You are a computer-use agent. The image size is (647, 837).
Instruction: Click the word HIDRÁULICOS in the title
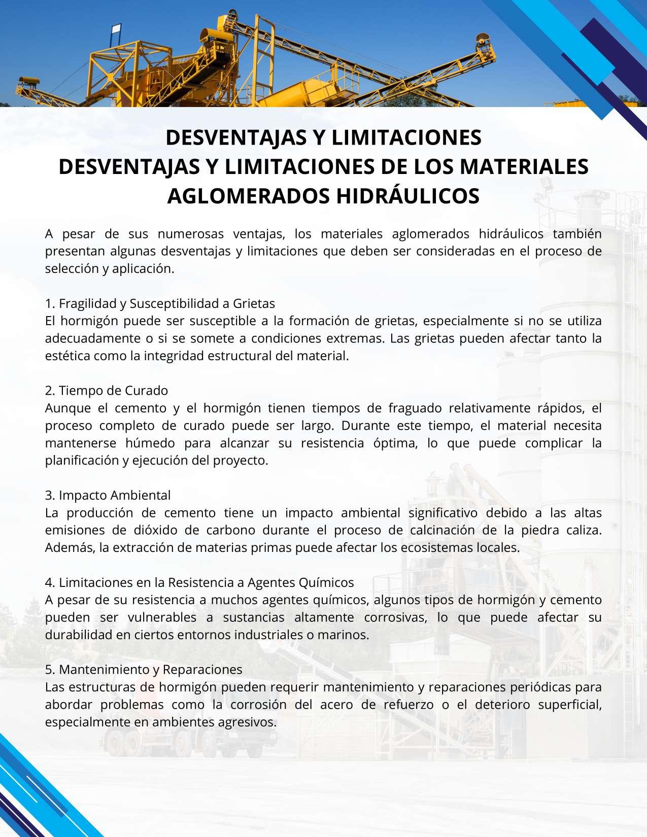(x=408, y=196)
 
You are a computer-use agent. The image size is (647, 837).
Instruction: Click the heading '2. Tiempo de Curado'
(x=107, y=391)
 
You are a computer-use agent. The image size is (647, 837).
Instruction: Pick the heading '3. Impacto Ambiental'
(x=108, y=495)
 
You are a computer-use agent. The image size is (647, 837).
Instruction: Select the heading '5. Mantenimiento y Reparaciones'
(x=144, y=670)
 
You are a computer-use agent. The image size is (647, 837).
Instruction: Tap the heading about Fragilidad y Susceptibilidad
(x=160, y=303)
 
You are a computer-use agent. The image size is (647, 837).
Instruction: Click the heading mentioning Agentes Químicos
(x=199, y=582)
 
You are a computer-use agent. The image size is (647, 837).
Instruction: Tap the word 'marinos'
(x=346, y=635)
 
